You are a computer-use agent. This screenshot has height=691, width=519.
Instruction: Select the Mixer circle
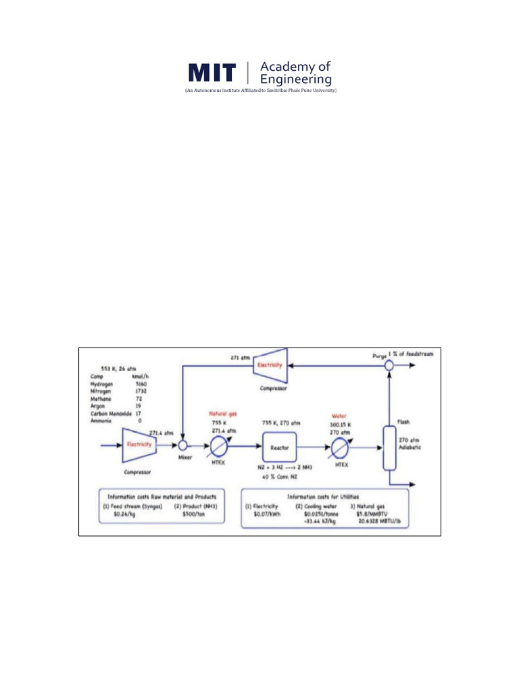[182, 446]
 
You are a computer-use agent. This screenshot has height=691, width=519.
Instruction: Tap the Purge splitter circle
[389, 365]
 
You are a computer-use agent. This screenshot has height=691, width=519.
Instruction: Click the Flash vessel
[389, 447]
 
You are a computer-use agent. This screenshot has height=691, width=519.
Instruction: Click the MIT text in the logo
[212, 74]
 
